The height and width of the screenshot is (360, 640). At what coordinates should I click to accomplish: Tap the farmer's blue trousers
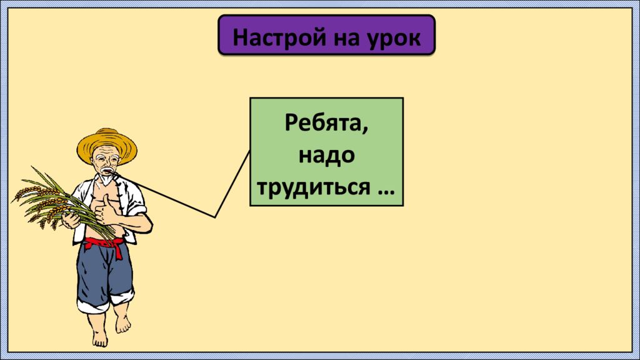click(103, 275)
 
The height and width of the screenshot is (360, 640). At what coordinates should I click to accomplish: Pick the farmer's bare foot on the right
click(123, 322)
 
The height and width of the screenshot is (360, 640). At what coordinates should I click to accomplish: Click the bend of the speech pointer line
click(215, 217)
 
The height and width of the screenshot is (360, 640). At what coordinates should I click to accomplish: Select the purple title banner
click(326, 36)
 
